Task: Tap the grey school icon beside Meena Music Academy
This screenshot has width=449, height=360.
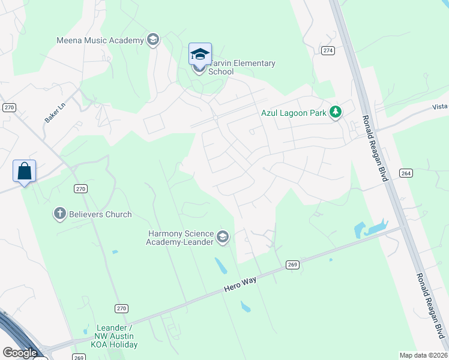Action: coord(152,40)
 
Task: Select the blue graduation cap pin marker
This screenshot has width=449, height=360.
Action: coord(200,55)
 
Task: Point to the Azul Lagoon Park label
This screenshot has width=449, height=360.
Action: coord(295,112)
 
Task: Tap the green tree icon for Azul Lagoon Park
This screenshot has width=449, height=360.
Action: coord(336,112)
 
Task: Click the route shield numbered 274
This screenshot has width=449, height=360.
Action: coord(327,50)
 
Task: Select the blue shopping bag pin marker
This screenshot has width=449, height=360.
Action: coord(24,172)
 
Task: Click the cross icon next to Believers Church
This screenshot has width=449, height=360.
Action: coord(59,214)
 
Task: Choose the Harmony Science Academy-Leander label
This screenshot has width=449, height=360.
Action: coord(180,238)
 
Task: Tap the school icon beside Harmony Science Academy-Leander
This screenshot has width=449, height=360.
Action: coord(223,238)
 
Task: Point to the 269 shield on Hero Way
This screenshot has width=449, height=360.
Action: coord(292,265)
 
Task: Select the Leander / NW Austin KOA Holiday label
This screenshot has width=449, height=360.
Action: coord(116,336)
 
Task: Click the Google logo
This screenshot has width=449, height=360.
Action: coord(20,353)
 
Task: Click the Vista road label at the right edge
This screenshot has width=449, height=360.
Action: coord(440,106)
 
